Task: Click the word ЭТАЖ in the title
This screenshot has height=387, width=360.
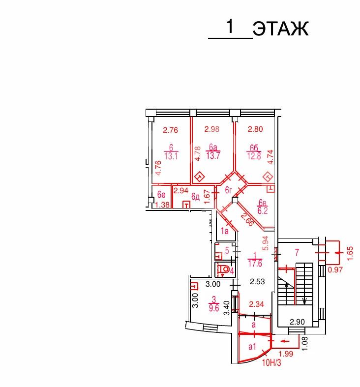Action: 280,29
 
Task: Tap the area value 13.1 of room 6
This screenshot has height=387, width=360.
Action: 171,156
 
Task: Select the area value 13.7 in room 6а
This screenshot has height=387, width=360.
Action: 213,156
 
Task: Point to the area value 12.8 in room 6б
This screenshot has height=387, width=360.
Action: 254,156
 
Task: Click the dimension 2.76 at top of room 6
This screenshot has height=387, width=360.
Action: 170,130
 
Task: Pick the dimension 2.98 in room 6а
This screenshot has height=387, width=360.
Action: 212,129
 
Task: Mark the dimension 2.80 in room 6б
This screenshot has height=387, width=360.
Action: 255,129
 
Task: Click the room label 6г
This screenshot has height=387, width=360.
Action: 229,190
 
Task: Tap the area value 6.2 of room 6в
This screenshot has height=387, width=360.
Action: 263,211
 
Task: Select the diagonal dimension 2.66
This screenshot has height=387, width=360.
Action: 247,219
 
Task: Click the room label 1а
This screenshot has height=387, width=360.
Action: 224,231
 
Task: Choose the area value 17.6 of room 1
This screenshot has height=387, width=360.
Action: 255,264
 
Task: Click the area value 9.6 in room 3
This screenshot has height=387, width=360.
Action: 214,308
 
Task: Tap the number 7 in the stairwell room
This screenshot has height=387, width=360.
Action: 297,252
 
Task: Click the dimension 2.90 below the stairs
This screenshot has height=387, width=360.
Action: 297,322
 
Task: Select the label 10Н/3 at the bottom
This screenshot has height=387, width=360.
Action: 271,363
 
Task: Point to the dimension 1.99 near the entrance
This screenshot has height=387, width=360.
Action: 286,354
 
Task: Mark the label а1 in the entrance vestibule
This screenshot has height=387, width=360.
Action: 252,347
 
